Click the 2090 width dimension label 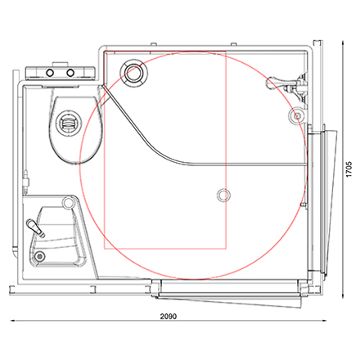click(169, 317)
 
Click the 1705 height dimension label click(349, 169)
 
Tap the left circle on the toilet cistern click(50, 73)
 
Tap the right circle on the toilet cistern click(70, 73)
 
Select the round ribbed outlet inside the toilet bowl click(68, 124)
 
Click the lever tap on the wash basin click(35, 227)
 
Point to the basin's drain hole click(40, 256)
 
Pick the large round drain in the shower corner click(134, 72)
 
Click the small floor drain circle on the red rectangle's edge click(223, 196)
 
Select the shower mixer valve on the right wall click(288, 85)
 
